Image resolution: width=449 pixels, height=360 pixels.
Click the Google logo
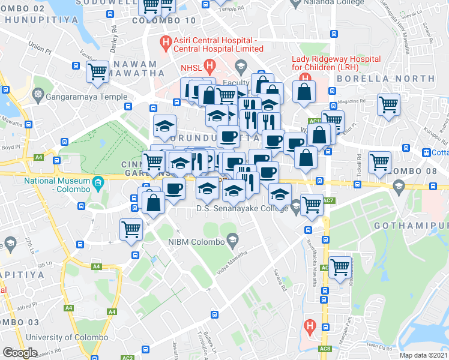pos(20,353)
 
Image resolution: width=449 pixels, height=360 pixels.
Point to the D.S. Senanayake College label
pos(243,209)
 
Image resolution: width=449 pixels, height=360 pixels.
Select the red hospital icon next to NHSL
pos(209,66)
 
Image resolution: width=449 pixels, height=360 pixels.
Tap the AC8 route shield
pos(325,349)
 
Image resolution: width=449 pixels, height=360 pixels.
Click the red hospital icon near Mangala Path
pos(309,326)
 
